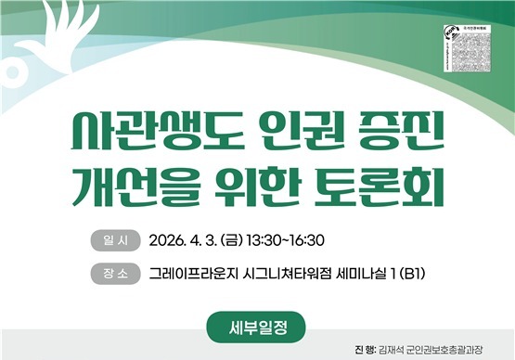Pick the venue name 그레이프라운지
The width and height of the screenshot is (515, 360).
pos(195,274)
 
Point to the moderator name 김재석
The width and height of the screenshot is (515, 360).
pos(393,350)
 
